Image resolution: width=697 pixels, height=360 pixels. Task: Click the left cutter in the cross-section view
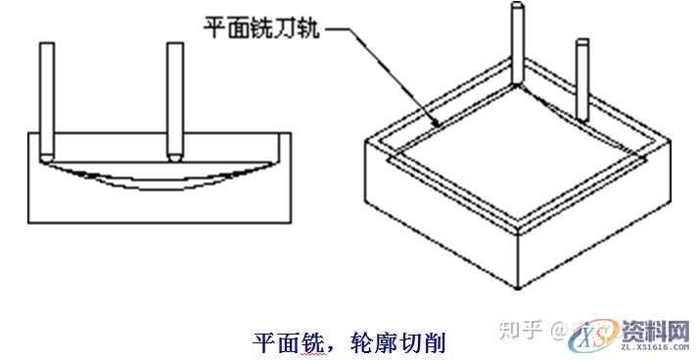(46, 98)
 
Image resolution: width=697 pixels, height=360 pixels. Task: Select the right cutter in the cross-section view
(175, 98)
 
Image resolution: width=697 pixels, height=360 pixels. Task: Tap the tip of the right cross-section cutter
(175, 158)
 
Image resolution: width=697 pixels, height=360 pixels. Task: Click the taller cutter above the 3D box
(516, 44)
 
